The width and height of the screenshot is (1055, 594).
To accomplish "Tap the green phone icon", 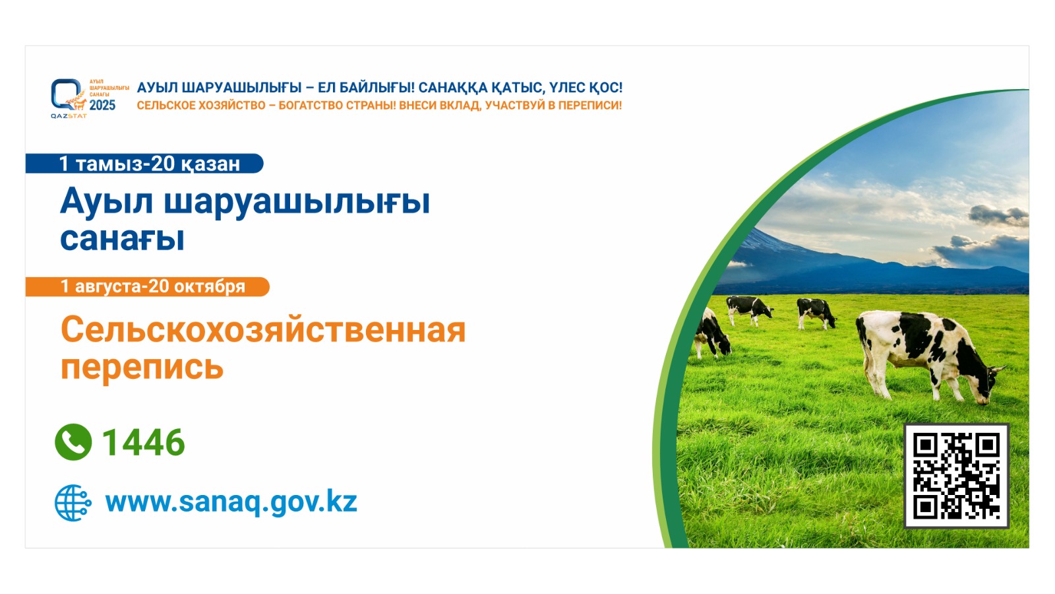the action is (73, 442).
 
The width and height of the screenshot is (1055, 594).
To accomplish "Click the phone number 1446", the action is (144, 443).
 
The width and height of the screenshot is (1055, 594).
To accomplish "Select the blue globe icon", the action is (73, 502).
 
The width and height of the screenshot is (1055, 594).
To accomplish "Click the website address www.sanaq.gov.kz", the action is (231, 502).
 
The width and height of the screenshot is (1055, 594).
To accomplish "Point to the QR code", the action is (956, 476).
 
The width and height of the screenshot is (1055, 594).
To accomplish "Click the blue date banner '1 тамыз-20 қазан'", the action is (144, 164).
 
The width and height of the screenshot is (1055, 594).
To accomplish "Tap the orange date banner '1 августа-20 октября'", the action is (148, 286).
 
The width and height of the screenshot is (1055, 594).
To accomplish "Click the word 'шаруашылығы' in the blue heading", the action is (297, 203).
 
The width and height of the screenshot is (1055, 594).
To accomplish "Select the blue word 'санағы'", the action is (123, 239).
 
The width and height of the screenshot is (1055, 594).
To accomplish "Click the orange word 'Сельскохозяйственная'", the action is (263, 329).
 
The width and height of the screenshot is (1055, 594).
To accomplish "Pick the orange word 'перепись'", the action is (142, 367).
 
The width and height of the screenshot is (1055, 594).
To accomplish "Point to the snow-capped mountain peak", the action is (761, 239).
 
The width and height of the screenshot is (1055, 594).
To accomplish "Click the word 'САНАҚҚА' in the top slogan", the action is (452, 88).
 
